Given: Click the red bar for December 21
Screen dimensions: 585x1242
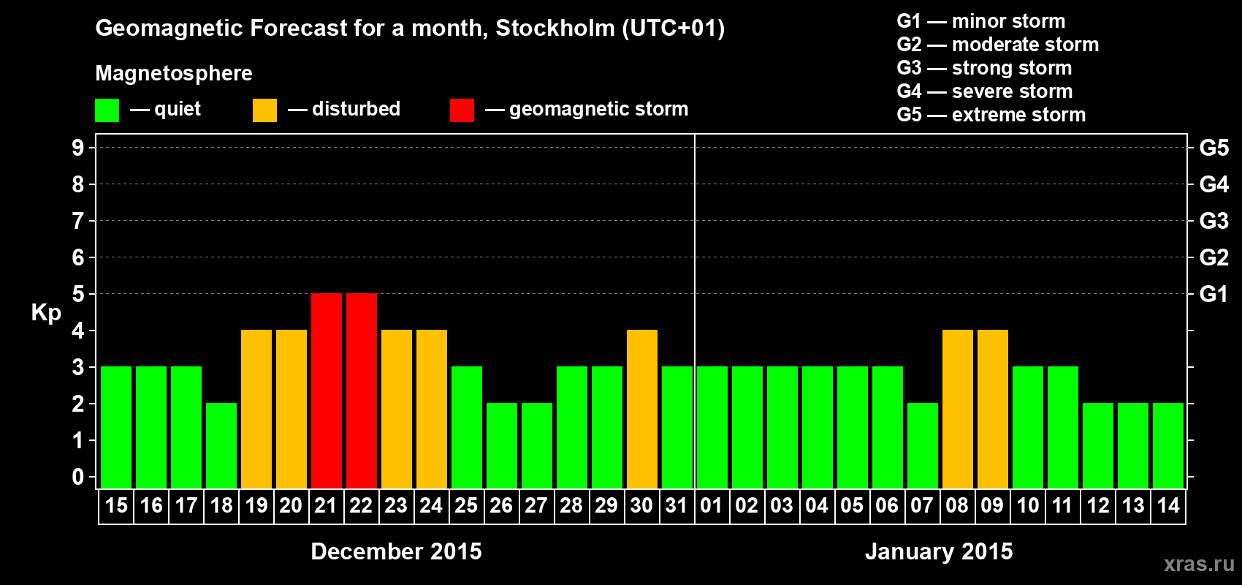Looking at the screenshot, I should pyautogui.click(x=327, y=390).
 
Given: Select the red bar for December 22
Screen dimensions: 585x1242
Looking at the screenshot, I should pyautogui.click(x=362, y=390).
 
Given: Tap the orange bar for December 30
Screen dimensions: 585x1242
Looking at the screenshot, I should pyautogui.click(x=642, y=409).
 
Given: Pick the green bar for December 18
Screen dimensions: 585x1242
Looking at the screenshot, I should pyautogui.click(x=221, y=445).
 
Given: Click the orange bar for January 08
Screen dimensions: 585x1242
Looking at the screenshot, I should pyautogui.click(x=958, y=409).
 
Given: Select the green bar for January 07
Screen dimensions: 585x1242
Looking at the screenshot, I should pyautogui.click(x=923, y=445).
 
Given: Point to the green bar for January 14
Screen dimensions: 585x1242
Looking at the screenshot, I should pyautogui.click(x=1168, y=445).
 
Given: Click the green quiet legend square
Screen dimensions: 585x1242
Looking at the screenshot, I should pyautogui.click(x=107, y=110).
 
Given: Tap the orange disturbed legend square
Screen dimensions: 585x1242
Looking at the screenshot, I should pyautogui.click(x=264, y=110).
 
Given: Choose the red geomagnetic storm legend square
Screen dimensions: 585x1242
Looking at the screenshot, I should pyautogui.click(x=462, y=110).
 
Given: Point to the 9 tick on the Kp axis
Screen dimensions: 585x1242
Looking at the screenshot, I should pyautogui.click(x=78, y=148).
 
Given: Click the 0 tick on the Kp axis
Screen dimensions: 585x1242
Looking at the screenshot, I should pyautogui.click(x=78, y=478).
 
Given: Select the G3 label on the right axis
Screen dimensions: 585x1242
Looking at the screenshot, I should pyautogui.click(x=1214, y=221).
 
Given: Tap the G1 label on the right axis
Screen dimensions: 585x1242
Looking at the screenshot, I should pyautogui.click(x=1214, y=294).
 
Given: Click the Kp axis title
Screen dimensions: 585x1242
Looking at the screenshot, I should pyautogui.click(x=46, y=313).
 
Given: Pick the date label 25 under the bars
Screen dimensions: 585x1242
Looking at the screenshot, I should pyautogui.click(x=466, y=506).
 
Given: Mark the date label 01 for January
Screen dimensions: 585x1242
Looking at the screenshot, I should pyautogui.click(x=712, y=506).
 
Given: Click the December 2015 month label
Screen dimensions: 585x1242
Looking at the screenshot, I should pyautogui.click(x=396, y=551).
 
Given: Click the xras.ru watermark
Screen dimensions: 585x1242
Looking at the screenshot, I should pyautogui.click(x=1199, y=564).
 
